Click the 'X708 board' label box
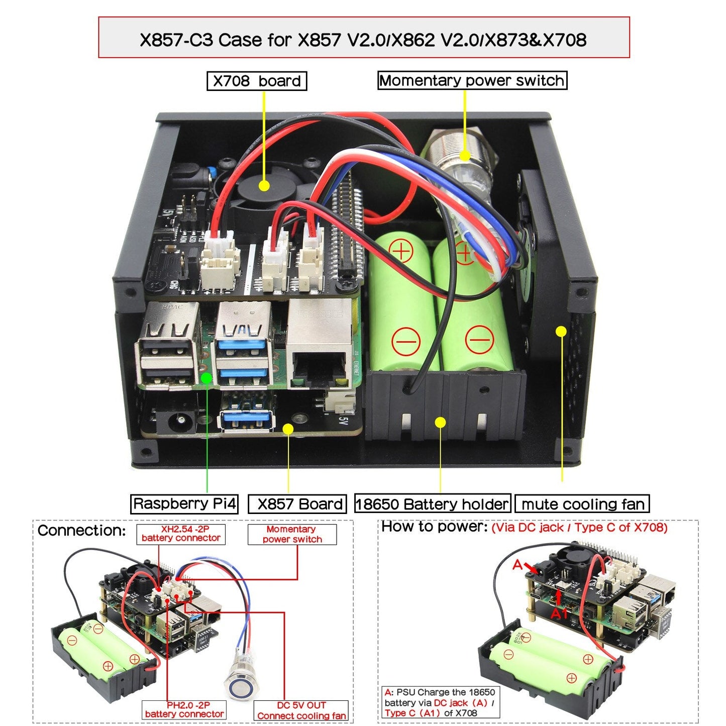tap(257, 81)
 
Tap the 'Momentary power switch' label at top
tap(472, 80)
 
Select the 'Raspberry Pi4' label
tap(184, 503)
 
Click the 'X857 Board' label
tap(297, 504)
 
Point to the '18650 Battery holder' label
tap(433, 504)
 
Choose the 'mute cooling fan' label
tap(582, 504)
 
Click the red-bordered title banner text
tap(363, 39)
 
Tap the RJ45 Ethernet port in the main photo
tap(319, 362)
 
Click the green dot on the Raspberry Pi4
tap(206, 377)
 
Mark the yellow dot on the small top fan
tap(264, 186)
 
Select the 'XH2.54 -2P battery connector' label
tap(181, 534)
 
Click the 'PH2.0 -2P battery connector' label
tap(184, 709)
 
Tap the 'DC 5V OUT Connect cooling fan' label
tap(301, 710)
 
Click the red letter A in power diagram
tap(517, 565)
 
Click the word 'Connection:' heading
tap(81, 531)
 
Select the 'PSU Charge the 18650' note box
tap(438, 702)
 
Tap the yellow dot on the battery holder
tap(440, 423)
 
